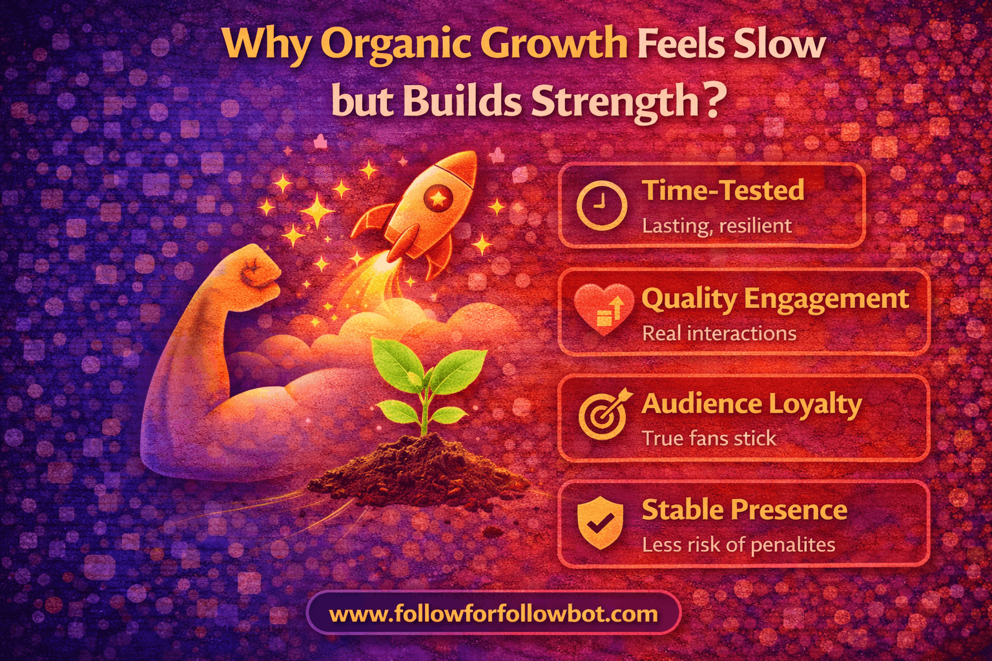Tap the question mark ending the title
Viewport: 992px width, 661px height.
click(712, 101)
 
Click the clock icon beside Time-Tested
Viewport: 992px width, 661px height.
click(601, 205)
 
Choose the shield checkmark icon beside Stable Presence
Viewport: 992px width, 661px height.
click(601, 522)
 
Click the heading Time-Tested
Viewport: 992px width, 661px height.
click(723, 190)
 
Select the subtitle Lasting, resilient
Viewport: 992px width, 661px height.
click(716, 226)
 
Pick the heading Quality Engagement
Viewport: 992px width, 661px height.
click(775, 298)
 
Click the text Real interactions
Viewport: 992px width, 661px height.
click(719, 333)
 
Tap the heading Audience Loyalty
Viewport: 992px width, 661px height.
click(751, 404)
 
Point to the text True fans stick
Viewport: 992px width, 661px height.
click(708, 438)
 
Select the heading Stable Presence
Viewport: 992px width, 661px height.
click(744, 510)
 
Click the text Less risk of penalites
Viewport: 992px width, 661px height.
click(738, 545)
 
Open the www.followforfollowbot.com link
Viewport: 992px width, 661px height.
click(493, 613)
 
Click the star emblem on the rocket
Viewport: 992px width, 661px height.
click(438, 198)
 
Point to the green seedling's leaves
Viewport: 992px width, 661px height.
click(426, 374)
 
